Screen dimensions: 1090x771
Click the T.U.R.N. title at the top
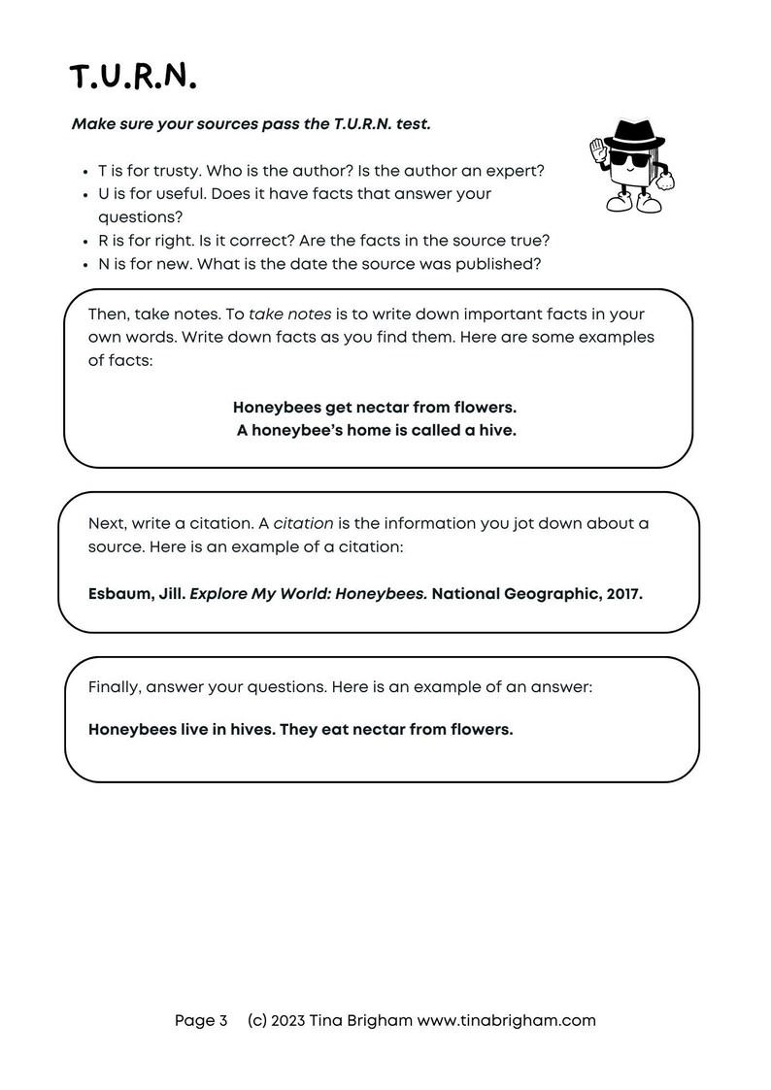tap(133, 78)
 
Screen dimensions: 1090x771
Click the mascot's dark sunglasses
tap(626, 158)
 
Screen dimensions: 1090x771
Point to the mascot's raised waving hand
tap(597, 149)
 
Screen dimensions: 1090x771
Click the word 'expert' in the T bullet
tap(516, 170)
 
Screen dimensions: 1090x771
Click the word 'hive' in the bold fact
tap(496, 430)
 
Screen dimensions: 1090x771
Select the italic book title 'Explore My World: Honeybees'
tap(308, 594)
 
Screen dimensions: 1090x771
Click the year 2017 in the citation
tap(621, 594)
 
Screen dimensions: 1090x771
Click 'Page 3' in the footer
tap(201, 1020)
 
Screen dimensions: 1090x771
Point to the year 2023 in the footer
tap(288, 1020)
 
